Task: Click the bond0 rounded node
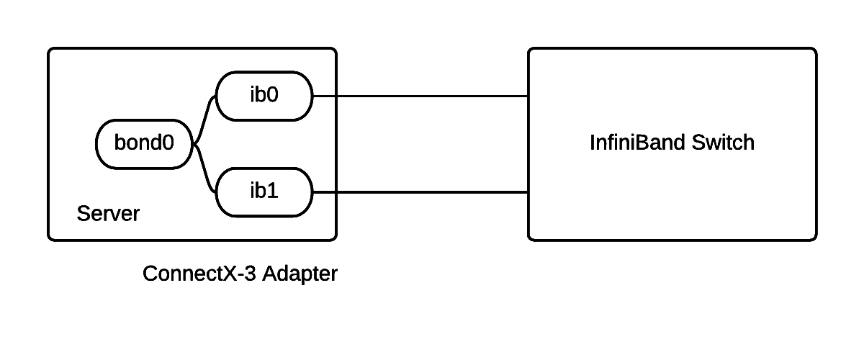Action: coord(144,144)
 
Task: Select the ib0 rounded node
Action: coord(264,96)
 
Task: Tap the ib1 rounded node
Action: coord(264,192)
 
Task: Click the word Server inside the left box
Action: coord(108,214)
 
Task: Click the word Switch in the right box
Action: coord(723,143)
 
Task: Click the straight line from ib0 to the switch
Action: coord(432,96)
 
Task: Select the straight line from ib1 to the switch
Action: coord(432,192)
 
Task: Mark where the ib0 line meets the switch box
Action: coord(529,96)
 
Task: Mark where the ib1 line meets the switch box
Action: coord(529,192)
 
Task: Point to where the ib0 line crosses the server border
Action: coord(336,96)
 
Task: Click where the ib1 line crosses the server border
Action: coord(336,192)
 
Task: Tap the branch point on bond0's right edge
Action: coord(192,144)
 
